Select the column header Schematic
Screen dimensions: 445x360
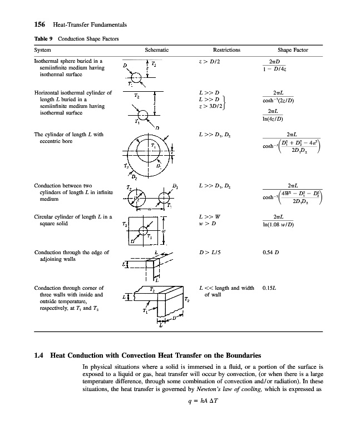(156, 50)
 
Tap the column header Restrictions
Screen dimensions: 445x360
(226, 50)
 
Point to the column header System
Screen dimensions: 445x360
(43, 50)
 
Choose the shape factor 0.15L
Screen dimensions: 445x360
(270, 288)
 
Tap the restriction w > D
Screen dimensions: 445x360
(208, 224)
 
